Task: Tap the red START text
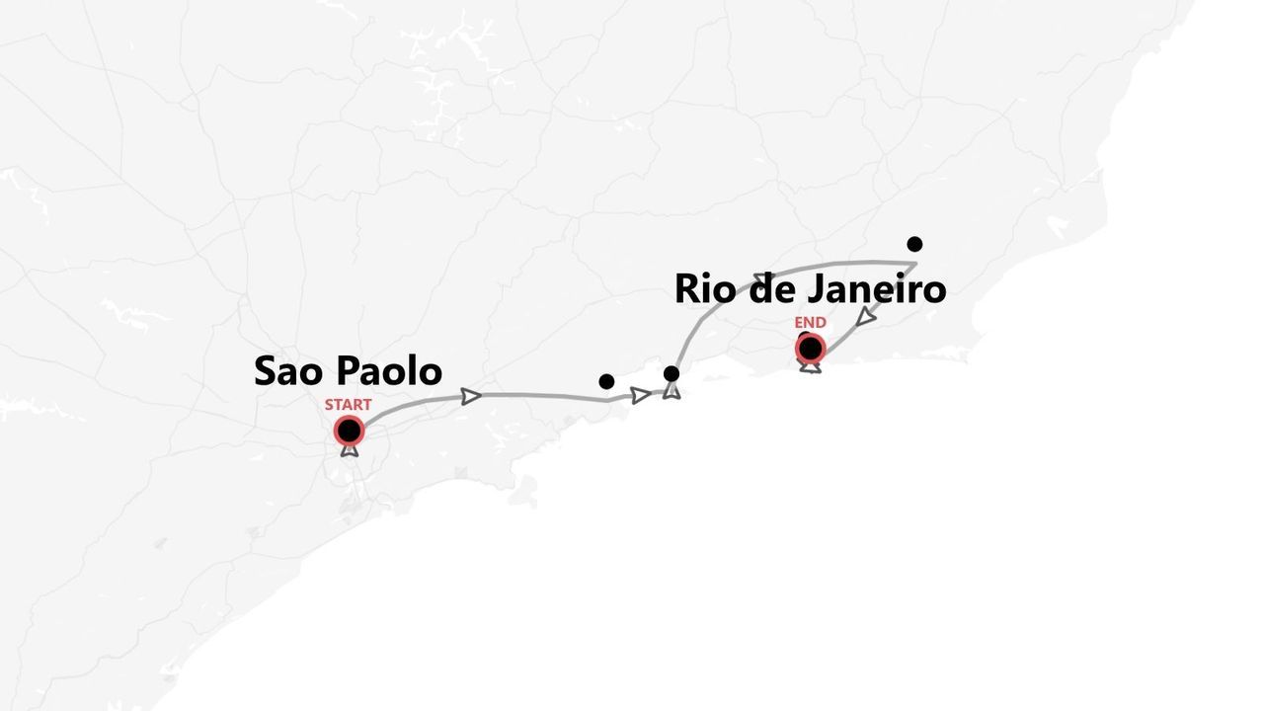coord(348,405)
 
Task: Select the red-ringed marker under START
coord(349,431)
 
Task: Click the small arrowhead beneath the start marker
coord(349,449)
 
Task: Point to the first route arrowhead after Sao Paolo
coord(471,396)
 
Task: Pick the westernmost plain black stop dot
coord(606,381)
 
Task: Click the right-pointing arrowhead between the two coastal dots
coord(641,395)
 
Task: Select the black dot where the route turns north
coord(671,373)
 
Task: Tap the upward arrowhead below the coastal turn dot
coord(671,391)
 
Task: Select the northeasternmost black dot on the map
coord(914,244)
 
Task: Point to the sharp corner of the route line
coord(916,263)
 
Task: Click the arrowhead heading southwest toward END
coord(866,316)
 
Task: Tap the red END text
coord(810,323)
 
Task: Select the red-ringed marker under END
coord(811,348)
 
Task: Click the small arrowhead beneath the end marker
coord(811,367)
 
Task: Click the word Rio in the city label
coord(706,289)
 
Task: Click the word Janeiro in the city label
coord(877,289)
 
